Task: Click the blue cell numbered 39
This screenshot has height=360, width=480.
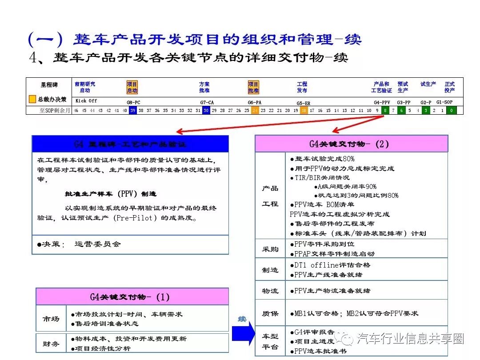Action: pyautogui.click(x=132, y=111)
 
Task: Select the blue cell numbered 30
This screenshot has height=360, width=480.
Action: pyautogui.click(x=206, y=111)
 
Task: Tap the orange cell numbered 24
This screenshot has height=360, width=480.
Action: pyautogui.click(x=255, y=111)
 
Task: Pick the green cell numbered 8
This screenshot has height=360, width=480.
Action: pyautogui.click(x=385, y=111)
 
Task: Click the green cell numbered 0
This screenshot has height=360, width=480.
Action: pyautogui.click(x=451, y=111)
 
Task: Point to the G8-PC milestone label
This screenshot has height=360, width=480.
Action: pyautogui.click(x=133, y=102)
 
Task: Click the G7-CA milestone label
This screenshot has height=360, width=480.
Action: pyautogui.click(x=207, y=102)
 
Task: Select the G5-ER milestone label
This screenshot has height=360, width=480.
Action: pyautogui.click(x=303, y=103)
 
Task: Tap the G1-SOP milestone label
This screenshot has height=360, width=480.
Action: pyautogui.click(x=444, y=102)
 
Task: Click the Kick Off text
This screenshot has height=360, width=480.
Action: pyautogui.click(x=86, y=101)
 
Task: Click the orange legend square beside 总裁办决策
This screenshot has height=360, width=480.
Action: pyautogui.click(x=32, y=100)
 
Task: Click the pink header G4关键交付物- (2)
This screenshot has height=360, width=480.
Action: pyautogui.click(x=351, y=144)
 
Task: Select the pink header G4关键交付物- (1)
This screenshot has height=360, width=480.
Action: pyautogui.click(x=132, y=296)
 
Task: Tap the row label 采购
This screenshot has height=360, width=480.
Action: pyautogui.click(x=270, y=249)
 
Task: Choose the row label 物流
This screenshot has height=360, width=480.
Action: pyautogui.click(x=270, y=291)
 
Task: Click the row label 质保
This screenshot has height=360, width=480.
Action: pyautogui.click(x=270, y=313)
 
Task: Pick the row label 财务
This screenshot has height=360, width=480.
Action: pyautogui.click(x=50, y=344)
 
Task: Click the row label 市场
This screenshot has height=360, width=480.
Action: pyautogui.click(x=50, y=319)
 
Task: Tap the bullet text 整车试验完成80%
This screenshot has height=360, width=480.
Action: pyautogui.click(x=324, y=159)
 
